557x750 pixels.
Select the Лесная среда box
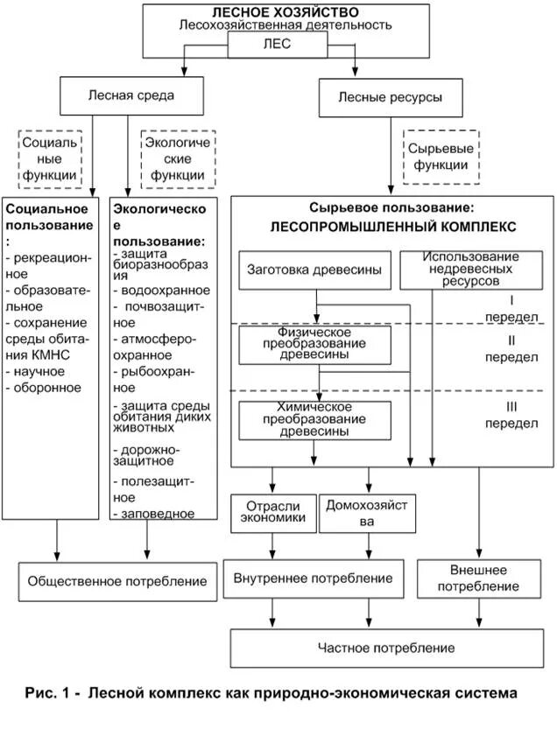click(131, 95)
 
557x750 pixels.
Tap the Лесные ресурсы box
click(390, 97)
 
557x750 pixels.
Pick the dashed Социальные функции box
click(51, 158)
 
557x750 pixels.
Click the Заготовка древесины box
click(314, 270)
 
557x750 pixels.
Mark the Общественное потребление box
click(117, 581)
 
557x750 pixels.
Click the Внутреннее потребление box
click(313, 579)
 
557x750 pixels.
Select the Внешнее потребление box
click(479, 578)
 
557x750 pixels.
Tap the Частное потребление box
click(385, 648)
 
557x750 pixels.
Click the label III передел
click(511, 415)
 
